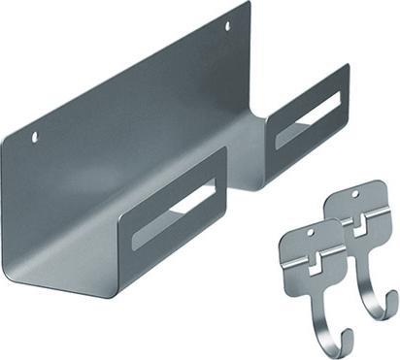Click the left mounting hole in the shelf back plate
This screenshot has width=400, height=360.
pyautogui.click(x=35, y=137)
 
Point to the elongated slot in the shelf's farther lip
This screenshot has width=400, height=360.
pyautogui.click(x=308, y=113)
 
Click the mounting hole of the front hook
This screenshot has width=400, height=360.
pyautogui.click(x=311, y=233)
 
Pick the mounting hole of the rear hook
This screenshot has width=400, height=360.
pyautogui.click(x=355, y=197)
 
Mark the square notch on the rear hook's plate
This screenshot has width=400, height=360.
pyautogui.click(x=359, y=225)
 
